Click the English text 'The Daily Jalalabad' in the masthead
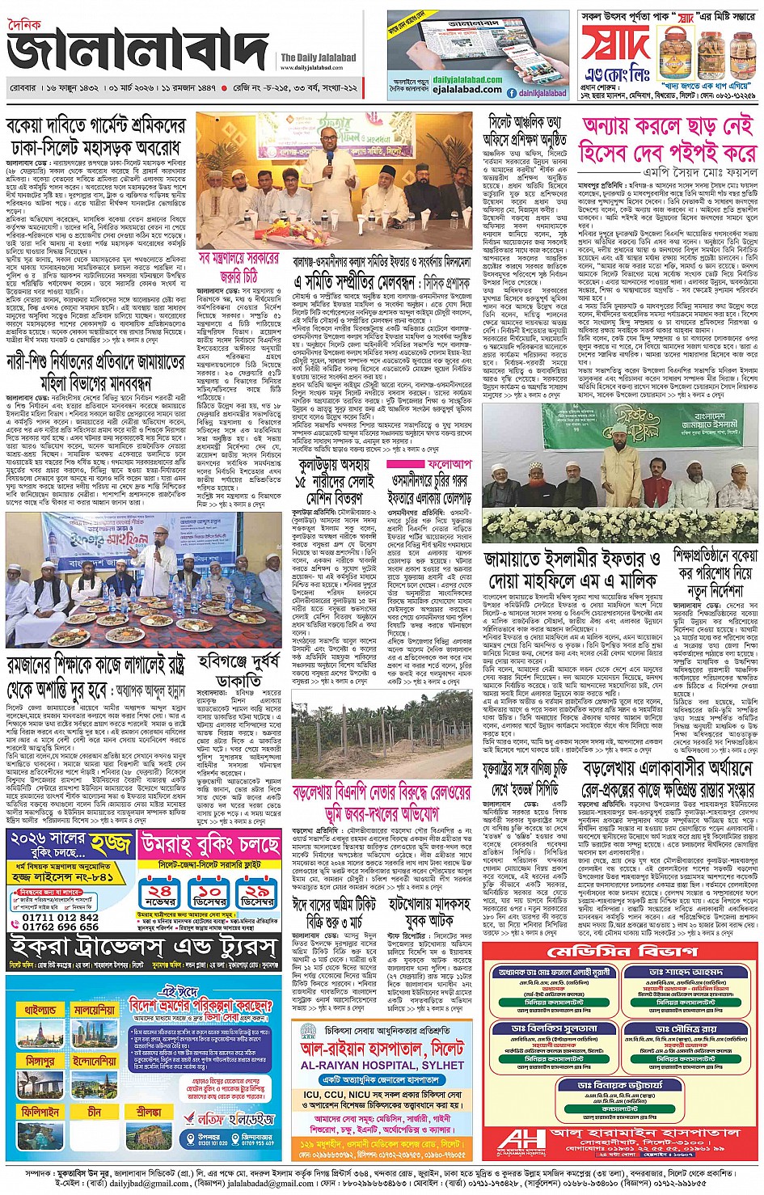click(x=318, y=57)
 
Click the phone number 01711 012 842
click(x=60, y=918)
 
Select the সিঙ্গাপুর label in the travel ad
click(x=37, y=1061)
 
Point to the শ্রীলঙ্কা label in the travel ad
click(x=149, y=1112)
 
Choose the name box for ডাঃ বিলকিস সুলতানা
click(x=554, y=1028)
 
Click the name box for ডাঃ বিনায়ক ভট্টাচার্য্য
click(x=620, y=1084)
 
